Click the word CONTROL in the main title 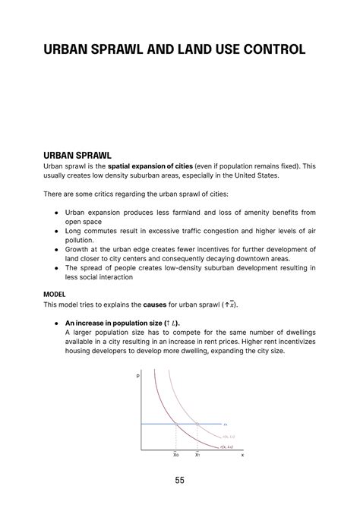[x=271, y=50]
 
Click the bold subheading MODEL [x=55, y=293]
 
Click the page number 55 [x=179, y=480]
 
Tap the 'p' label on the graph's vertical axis [x=138, y=376]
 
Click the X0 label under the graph [x=176, y=454]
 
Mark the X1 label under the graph [x=197, y=454]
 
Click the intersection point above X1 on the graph [x=197, y=423]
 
